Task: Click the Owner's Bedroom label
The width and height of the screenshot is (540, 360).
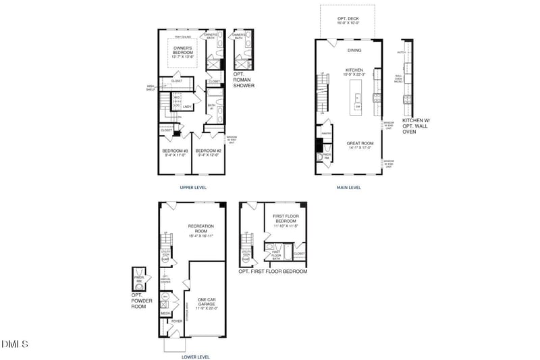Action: pyautogui.click(x=183, y=52)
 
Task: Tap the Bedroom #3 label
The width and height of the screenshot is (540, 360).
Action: pyautogui.click(x=175, y=152)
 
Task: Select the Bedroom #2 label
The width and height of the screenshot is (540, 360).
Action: pyautogui.click(x=209, y=152)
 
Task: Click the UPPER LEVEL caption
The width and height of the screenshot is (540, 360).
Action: pyautogui.click(x=193, y=187)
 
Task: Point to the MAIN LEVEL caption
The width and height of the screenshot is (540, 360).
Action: pyautogui.click(x=349, y=187)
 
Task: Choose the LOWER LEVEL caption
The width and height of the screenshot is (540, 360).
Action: pyautogui.click(x=196, y=356)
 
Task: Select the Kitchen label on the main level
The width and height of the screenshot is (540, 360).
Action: pyautogui.click(x=354, y=72)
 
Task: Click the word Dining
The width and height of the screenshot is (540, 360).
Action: pyautogui.click(x=354, y=50)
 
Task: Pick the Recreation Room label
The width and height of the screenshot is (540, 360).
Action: pyautogui.click(x=200, y=230)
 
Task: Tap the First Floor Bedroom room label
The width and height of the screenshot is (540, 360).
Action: pyautogui.click(x=286, y=220)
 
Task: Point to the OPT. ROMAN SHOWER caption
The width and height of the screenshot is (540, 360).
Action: pyautogui.click(x=244, y=80)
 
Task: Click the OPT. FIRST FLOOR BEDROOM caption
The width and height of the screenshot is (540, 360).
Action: pyautogui.click(x=273, y=272)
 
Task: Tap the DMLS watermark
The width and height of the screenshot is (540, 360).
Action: pyautogui.click(x=15, y=344)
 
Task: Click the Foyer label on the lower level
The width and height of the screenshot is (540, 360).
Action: pyautogui.click(x=177, y=321)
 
